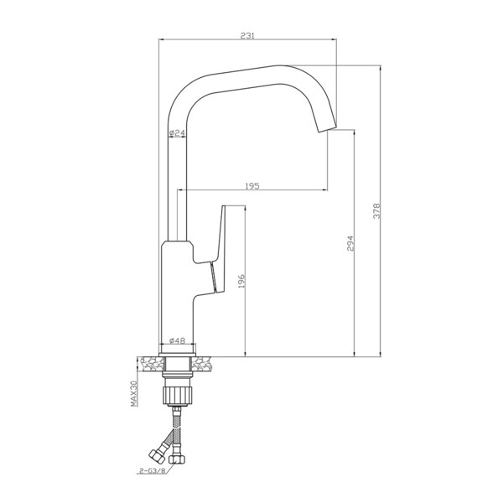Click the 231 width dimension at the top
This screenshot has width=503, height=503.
pyautogui.click(x=247, y=35)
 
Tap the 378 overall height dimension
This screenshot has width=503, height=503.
pyautogui.click(x=376, y=210)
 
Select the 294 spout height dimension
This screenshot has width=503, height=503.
pyautogui.click(x=350, y=243)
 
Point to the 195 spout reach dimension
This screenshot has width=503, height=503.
pyautogui.click(x=252, y=186)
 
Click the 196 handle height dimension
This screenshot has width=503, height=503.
pyautogui.click(x=241, y=282)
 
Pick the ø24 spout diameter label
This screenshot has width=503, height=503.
pyautogui.click(x=177, y=132)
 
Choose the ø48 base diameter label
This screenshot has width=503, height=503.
pyautogui.click(x=178, y=340)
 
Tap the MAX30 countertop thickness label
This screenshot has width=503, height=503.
pyautogui.click(x=134, y=393)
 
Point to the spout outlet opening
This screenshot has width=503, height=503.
pyautogui.click(x=328, y=127)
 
